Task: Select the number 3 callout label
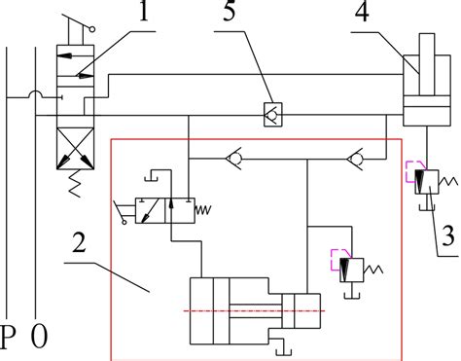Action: (x=446, y=235)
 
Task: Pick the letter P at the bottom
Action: (x=10, y=339)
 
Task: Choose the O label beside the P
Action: (x=40, y=339)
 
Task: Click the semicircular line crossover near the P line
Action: (x=34, y=94)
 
